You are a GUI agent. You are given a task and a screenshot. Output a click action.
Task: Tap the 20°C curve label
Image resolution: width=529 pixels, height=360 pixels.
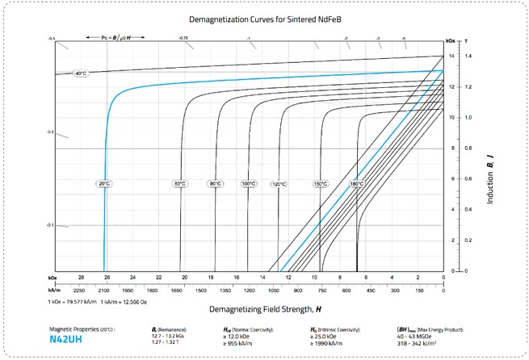(105, 184)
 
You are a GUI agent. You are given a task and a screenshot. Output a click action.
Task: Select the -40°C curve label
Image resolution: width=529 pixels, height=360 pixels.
(80, 73)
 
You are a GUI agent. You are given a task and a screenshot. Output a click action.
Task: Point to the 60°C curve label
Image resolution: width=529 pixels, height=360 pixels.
(179, 184)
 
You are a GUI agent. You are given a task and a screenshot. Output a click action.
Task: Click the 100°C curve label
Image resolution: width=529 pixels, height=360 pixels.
(249, 184)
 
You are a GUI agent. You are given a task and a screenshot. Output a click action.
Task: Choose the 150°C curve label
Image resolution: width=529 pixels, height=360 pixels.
(320, 184)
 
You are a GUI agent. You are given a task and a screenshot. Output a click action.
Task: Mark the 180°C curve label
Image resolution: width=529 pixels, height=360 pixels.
(356, 184)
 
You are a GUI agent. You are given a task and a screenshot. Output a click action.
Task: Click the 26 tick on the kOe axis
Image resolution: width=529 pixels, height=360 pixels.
(105, 278)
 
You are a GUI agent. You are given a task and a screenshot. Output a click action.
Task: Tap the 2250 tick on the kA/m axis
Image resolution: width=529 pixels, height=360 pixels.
(79, 288)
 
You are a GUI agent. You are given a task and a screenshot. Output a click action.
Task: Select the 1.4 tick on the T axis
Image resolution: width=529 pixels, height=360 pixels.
(468, 56)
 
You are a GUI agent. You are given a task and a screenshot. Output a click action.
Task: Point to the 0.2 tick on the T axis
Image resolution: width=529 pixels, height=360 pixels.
(468, 241)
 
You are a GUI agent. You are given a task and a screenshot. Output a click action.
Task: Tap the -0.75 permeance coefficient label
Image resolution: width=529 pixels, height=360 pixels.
(184, 38)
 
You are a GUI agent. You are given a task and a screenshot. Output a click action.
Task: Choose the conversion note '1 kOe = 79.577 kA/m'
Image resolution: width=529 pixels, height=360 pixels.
(78, 300)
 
